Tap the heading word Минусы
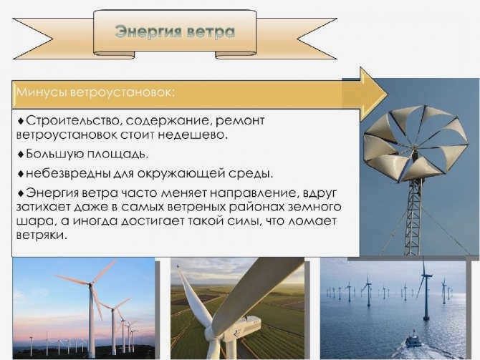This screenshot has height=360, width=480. [x=42, y=92]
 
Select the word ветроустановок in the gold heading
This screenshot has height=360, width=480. [x=123, y=92]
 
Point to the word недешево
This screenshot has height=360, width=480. [x=193, y=135]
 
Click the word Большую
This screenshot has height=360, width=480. [x=54, y=154]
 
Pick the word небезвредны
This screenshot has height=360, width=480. [x=68, y=174]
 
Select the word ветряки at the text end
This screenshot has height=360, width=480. [x=41, y=235]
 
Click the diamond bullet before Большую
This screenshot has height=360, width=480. [x=21, y=154]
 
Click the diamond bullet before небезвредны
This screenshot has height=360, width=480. [x=21, y=174]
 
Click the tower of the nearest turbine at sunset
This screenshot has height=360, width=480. [x=92, y=321]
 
